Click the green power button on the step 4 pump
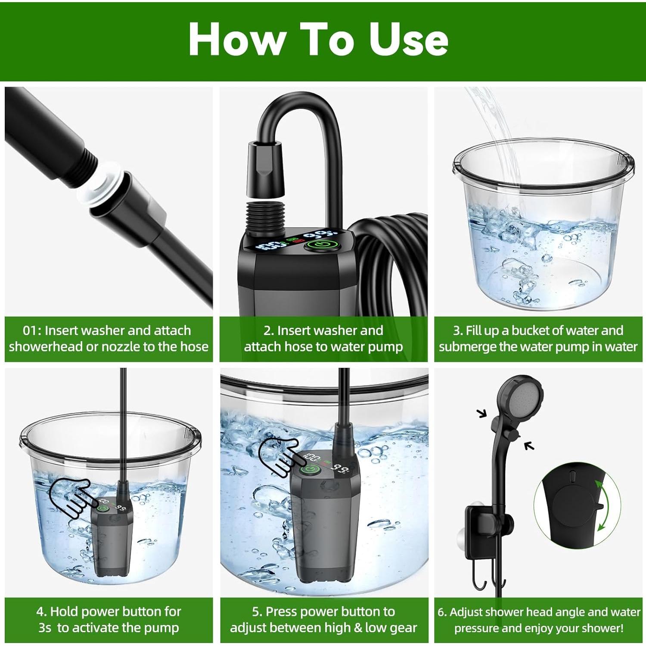[x=102, y=508]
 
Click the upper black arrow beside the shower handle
[x=482, y=413]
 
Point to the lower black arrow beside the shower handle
[x=529, y=446]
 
